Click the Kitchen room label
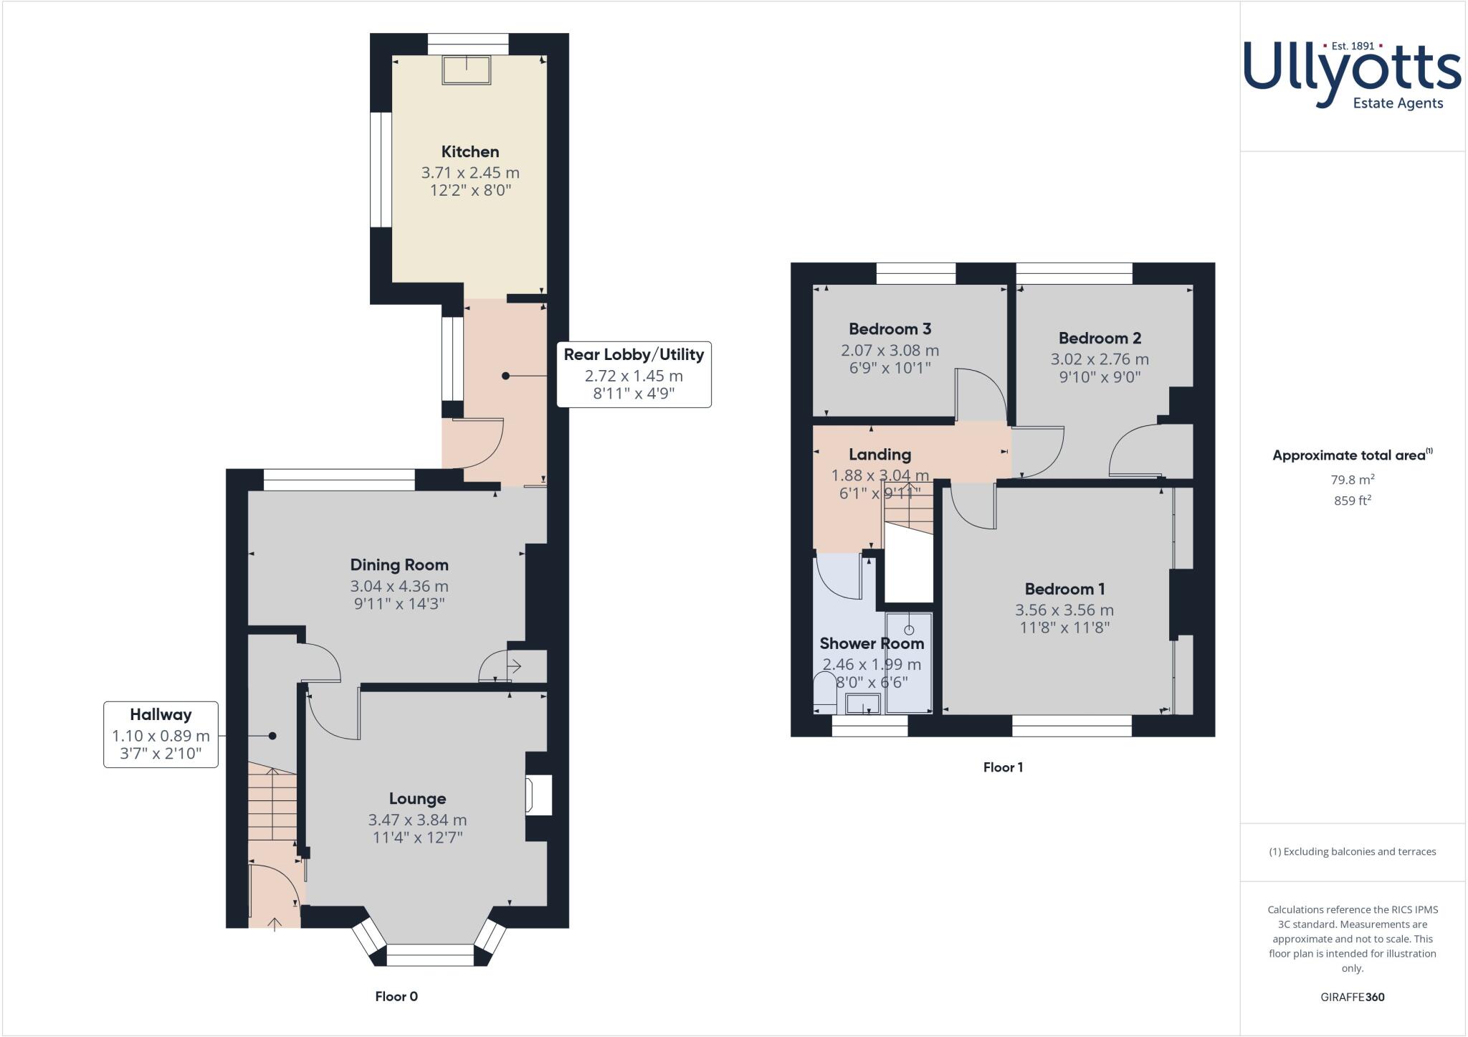[470, 152]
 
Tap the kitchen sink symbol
[467, 70]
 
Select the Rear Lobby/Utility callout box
[634, 374]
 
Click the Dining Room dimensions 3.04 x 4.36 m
[399, 586]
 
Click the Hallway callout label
[161, 715]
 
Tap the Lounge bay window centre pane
[430, 955]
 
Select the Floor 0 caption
[396, 996]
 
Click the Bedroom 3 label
[890, 329]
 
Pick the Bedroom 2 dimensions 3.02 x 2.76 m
[1100, 359]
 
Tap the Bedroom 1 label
[1064, 589]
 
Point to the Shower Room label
[871, 643]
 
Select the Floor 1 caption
[1002, 767]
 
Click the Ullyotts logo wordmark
[1351, 72]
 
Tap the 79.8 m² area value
[1352, 480]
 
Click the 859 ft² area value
[1352, 501]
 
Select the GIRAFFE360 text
[1352, 997]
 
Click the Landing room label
[880, 455]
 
